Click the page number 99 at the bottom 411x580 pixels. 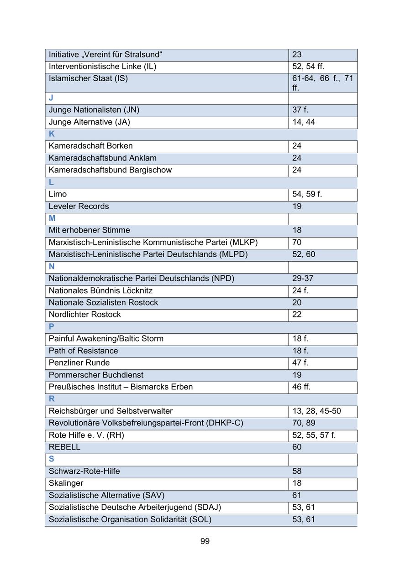205,541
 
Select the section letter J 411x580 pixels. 51,98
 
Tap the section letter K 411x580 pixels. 52,134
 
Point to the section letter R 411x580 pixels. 52,399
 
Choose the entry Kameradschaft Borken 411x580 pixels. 90,146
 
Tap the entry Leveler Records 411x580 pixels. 79,206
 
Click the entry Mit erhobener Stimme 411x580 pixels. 89,230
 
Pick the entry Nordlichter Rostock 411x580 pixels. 84,315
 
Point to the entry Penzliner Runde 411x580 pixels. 79,363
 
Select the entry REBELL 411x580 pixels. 64,447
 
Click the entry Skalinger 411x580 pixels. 66,483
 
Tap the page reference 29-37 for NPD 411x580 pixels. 303,279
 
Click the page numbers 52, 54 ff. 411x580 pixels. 308,67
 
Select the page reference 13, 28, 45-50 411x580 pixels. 316,411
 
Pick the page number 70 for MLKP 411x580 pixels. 297,242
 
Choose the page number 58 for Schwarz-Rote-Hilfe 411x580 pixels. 297,471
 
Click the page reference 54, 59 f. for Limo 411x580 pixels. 307,194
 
